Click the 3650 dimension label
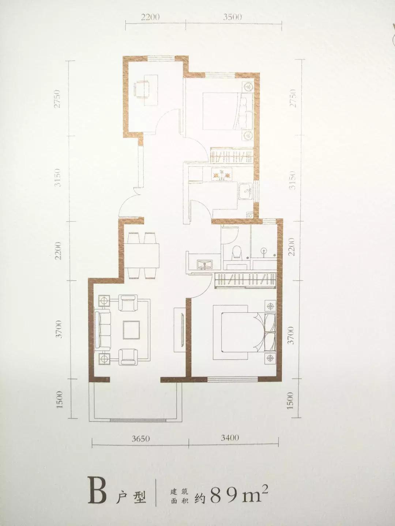140,439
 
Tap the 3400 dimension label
230,438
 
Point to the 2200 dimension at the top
150,17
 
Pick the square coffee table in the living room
131,330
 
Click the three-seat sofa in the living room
103,329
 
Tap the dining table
142,256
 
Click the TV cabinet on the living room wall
179,330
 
